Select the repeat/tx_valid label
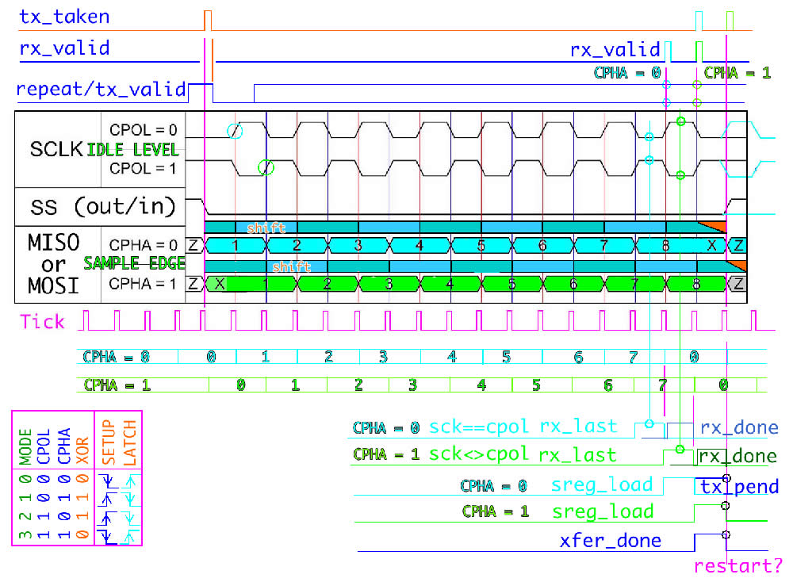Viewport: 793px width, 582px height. [x=101, y=89]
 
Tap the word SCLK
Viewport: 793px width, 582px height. [x=56, y=148]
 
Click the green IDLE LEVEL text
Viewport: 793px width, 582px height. [x=132, y=150]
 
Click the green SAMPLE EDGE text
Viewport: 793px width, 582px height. [x=135, y=263]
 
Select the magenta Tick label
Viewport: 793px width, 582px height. [x=43, y=321]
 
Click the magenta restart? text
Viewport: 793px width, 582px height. [x=738, y=566]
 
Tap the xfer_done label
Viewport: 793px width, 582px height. [x=610, y=542]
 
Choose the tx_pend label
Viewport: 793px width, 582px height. [x=739, y=487]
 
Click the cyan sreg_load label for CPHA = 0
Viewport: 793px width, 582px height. [x=602, y=484]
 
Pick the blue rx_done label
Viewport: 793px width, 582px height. [x=739, y=428]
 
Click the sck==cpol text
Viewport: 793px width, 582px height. [x=479, y=427]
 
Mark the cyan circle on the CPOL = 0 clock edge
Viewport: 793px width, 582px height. [x=234, y=131]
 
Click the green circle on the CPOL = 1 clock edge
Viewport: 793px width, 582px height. [x=266, y=167]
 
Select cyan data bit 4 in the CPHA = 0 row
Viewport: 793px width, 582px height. [x=419, y=245]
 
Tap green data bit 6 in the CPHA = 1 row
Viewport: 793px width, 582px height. [x=573, y=283]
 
